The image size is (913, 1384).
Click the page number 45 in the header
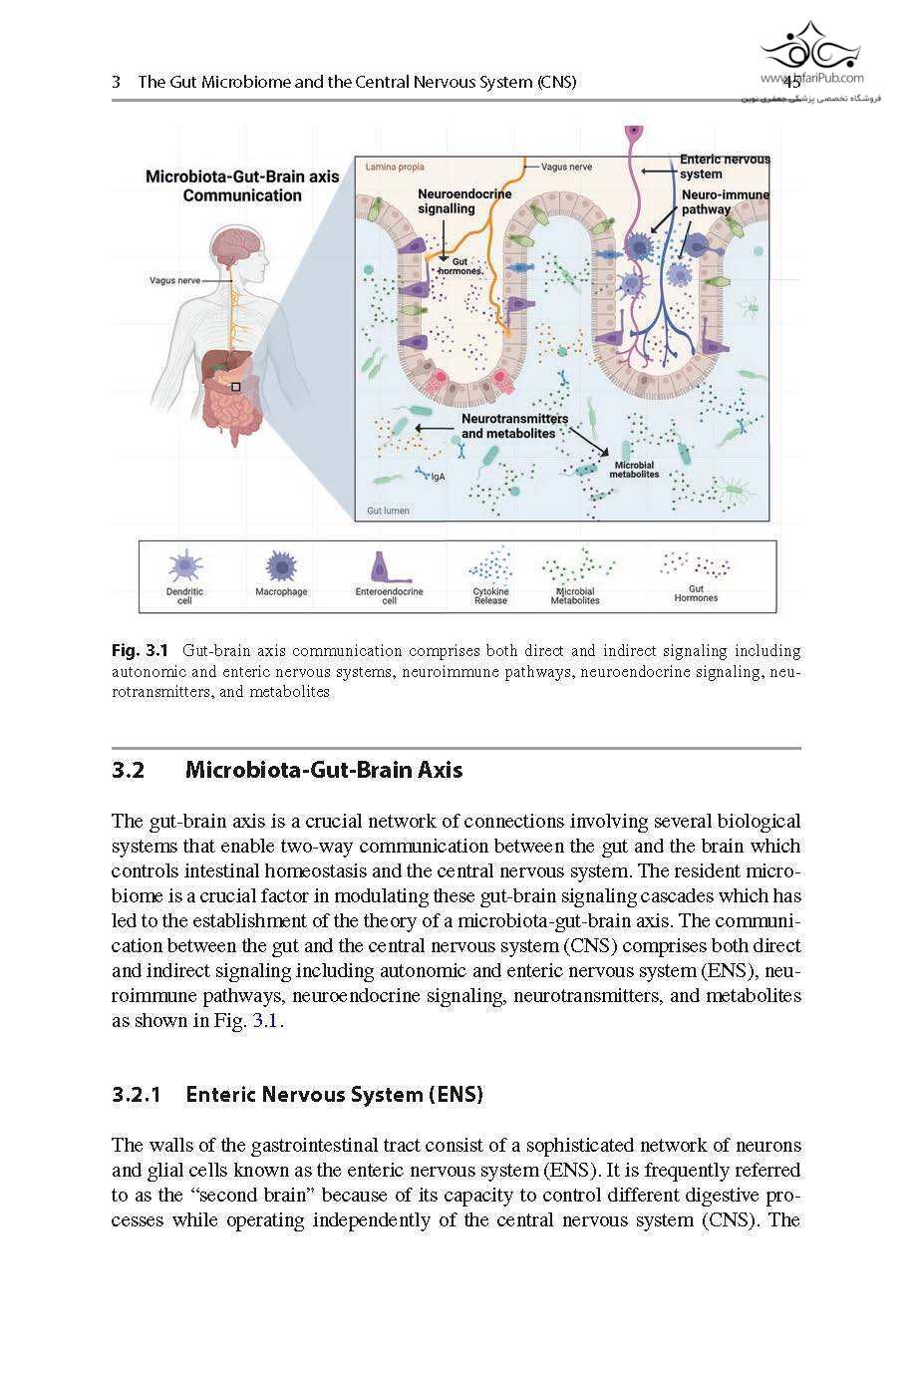pyautogui.click(x=791, y=83)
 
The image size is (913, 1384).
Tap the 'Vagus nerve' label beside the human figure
pyautogui.click(x=174, y=280)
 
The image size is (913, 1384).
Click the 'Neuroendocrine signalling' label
pyautogui.click(x=464, y=200)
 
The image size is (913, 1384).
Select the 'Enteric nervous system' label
pyautogui.click(x=725, y=166)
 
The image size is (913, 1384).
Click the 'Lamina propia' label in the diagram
pyautogui.click(x=395, y=167)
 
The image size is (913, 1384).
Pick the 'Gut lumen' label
pyautogui.click(x=388, y=511)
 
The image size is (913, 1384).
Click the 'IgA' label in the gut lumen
pyautogui.click(x=438, y=477)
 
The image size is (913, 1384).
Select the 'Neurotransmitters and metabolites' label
pyautogui.click(x=514, y=426)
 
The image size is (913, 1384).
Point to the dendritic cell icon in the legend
pyautogui.click(x=185, y=566)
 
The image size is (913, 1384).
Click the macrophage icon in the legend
pyautogui.click(x=281, y=566)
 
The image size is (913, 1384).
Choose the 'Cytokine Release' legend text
pyautogui.click(x=490, y=596)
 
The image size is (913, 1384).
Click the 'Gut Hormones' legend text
pyautogui.click(x=696, y=593)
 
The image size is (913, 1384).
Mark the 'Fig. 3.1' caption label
pyautogui.click(x=140, y=651)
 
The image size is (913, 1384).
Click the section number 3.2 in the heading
pyautogui.click(x=129, y=770)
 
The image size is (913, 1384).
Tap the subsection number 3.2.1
pyautogui.click(x=137, y=1095)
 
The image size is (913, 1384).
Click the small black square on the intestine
pyautogui.click(x=236, y=386)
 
